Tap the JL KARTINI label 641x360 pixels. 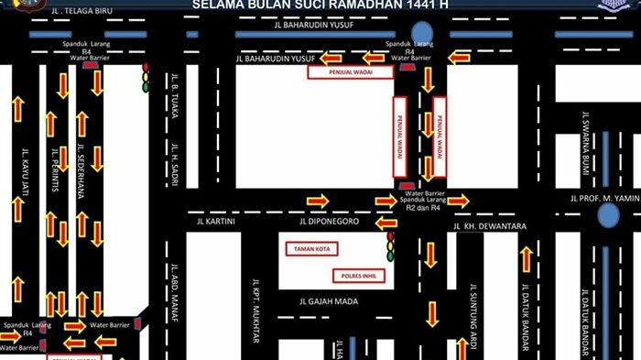click(216, 221)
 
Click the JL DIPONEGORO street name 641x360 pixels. click(335, 221)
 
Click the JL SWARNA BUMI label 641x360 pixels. click(583, 145)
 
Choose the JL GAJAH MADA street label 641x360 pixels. click(329, 300)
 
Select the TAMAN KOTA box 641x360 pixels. click(311, 249)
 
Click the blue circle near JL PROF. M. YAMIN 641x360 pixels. click(608, 214)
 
